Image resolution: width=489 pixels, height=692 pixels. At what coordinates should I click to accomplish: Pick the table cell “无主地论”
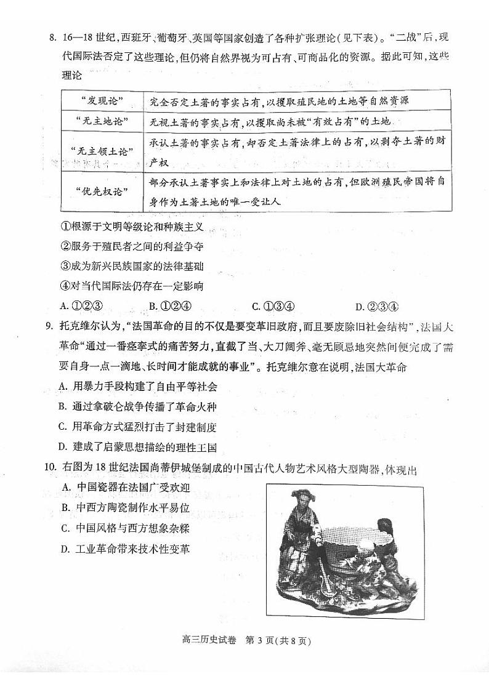point(102,122)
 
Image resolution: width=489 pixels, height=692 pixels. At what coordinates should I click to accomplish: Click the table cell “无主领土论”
point(102,151)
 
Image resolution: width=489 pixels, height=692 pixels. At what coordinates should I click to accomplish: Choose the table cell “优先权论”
point(102,191)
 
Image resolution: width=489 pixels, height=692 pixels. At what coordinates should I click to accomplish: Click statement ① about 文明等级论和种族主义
point(132,227)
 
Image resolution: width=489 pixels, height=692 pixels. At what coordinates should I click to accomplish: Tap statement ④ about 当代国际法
point(132,286)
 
